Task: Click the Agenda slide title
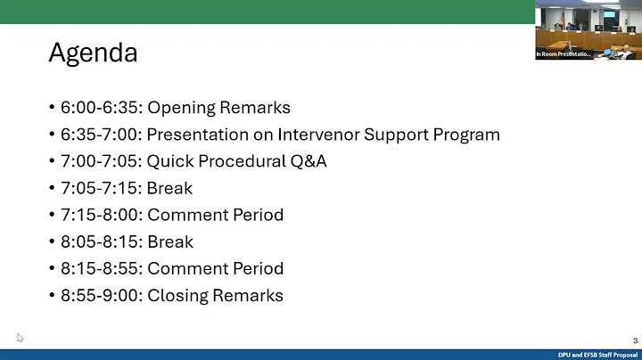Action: click(x=93, y=53)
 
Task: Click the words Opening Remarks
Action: click(x=218, y=108)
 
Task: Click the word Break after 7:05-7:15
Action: click(x=169, y=188)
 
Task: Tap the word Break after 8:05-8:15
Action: click(x=169, y=241)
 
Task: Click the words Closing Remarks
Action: click(x=215, y=295)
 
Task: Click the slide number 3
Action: click(x=635, y=340)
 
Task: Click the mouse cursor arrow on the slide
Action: click(x=20, y=338)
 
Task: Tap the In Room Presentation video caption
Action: click(x=563, y=54)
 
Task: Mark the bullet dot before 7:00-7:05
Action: click(x=52, y=162)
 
